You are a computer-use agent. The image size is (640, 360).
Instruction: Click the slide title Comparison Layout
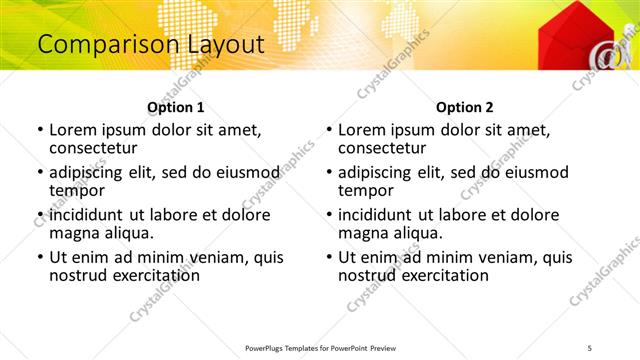151,44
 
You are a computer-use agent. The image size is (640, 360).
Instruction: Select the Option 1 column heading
176,107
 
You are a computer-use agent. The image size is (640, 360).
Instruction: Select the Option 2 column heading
464,107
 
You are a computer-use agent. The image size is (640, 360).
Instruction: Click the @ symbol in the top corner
607,58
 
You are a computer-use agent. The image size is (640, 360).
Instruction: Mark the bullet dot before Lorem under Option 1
39,130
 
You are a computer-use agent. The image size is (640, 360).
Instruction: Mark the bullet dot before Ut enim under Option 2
328,257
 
